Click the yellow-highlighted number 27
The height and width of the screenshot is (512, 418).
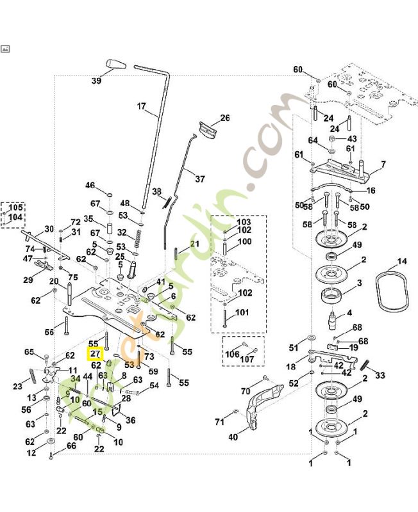click(x=95, y=354)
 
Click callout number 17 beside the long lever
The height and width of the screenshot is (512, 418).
click(x=141, y=107)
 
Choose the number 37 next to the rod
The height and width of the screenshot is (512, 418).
click(x=200, y=179)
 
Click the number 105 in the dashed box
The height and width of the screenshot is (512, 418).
click(x=15, y=208)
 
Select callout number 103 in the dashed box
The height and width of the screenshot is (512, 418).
click(x=244, y=221)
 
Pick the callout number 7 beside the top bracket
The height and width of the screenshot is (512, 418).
click(x=383, y=164)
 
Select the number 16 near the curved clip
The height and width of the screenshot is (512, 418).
click(x=371, y=191)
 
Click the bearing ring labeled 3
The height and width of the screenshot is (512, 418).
click(x=334, y=296)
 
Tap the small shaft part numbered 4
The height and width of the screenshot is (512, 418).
click(x=333, y=318)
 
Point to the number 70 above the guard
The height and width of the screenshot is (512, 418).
click(x=245, y=391)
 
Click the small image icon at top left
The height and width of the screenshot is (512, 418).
click(x=6, y=49)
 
